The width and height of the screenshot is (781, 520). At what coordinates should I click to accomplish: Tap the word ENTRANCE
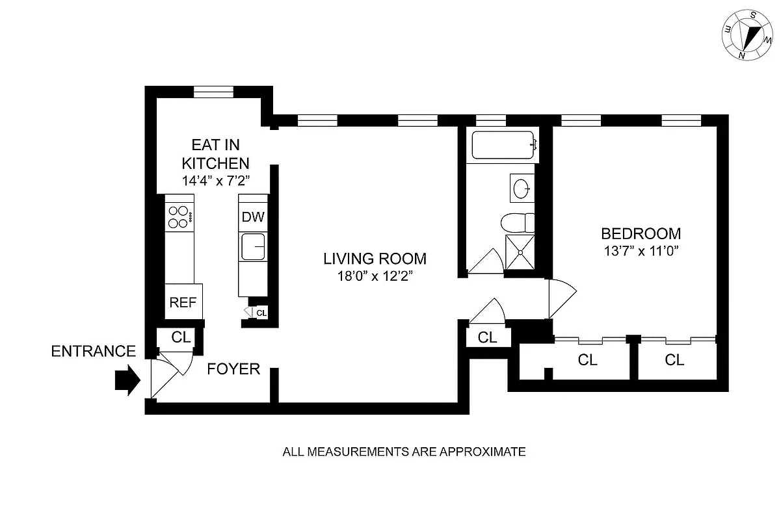[x=94, y=352]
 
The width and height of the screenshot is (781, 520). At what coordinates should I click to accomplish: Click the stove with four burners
[x=179, y=217]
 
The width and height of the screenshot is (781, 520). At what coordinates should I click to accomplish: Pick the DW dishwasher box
[x=253, y=217]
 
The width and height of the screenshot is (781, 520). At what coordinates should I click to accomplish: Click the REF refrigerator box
[x=183, y=302]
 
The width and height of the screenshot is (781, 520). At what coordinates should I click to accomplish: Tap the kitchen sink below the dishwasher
[x=253, y=248]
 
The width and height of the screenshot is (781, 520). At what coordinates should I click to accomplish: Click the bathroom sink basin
[x=522, y=188]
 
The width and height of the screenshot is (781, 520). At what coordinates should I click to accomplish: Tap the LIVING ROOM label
[x=375, y=259]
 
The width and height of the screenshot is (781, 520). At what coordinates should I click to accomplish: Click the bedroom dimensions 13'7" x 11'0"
[x=641, y=252]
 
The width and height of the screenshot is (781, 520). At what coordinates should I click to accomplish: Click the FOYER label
[x=233, y=369]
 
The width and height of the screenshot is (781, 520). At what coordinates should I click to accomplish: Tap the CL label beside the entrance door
[x=181, y=337]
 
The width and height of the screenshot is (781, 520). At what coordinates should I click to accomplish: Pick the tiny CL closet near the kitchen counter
[x=260, y=313]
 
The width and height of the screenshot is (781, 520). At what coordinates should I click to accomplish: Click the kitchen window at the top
[x=214, y=91]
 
